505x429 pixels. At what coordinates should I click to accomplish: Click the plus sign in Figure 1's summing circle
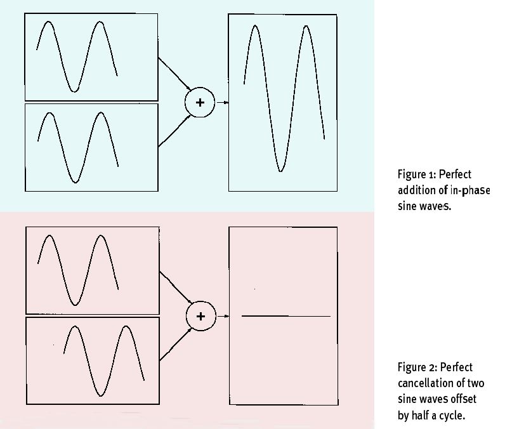coord(200,102)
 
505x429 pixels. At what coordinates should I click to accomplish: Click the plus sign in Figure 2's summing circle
coord(200,315)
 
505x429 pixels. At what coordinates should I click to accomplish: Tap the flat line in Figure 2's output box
coord(285,315)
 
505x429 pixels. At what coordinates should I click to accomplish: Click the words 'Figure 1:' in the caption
coord(416,175)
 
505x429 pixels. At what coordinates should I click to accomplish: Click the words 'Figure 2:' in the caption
coord(417,367)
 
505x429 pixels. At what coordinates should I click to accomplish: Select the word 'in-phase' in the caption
coord(469,190)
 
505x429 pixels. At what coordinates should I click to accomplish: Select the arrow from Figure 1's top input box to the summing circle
coord(173,74)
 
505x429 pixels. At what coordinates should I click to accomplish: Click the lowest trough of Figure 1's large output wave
coord(280,170)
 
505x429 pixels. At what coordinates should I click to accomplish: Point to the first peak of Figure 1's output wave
coord(255,27)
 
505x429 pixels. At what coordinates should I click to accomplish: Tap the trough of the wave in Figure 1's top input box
coord(74,91)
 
